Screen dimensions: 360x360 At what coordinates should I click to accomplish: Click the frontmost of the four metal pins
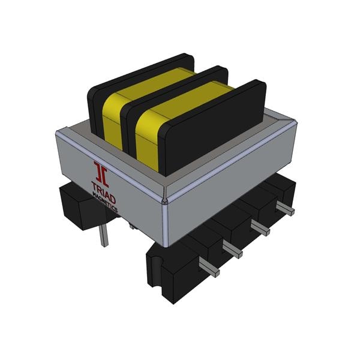point(208,269)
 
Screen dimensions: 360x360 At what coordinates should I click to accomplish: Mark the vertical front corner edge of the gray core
point(166,222)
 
